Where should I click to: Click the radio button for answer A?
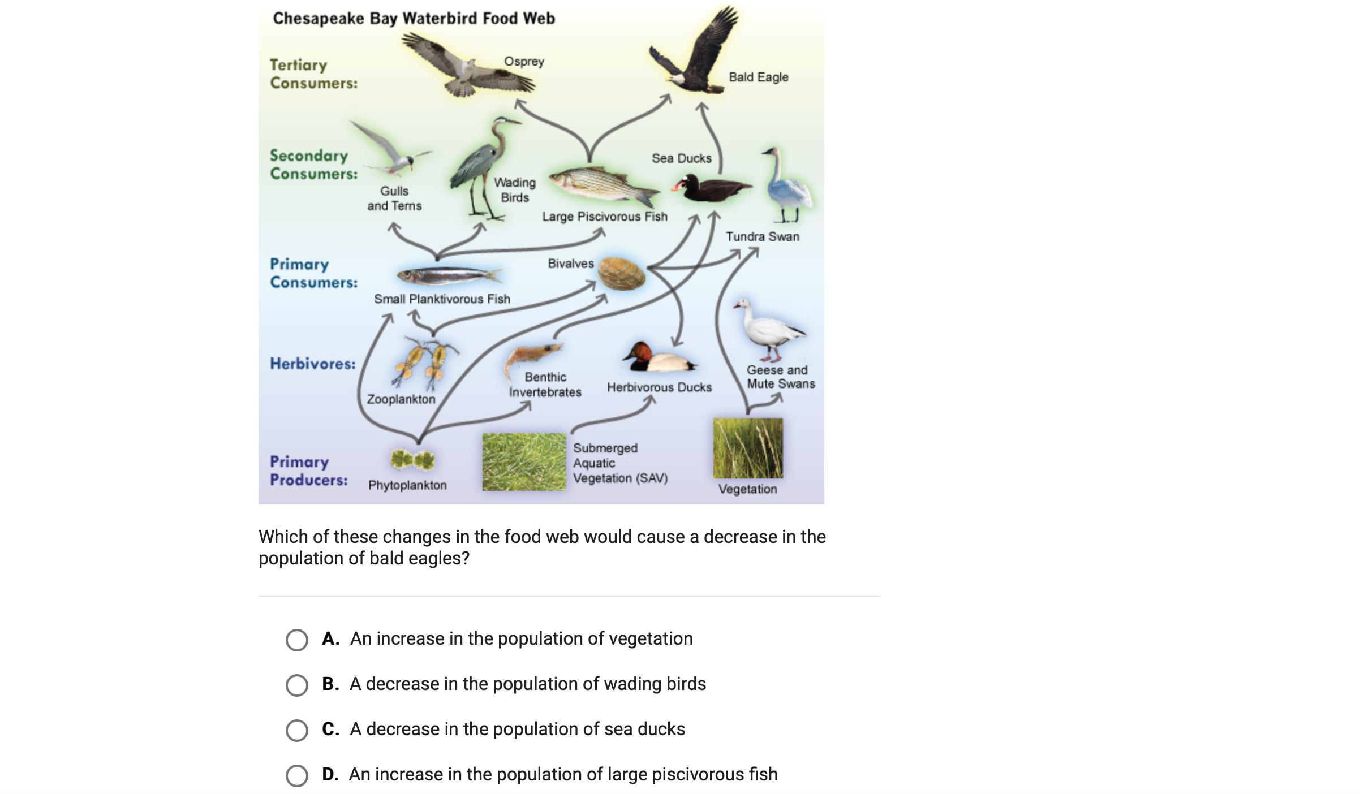tap(297, 640)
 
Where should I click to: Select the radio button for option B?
tap(297, 685)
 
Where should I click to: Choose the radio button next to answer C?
tap(297, 730)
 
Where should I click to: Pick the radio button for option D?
tap(297, 775)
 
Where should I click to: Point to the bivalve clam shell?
tap(621, 273)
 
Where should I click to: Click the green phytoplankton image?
tap(412, 459)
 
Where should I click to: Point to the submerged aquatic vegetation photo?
tap(524, 461)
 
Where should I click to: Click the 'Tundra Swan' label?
tap(763, 236)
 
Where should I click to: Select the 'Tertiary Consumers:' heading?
tap(313, 74)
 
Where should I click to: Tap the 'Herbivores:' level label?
tap(312, 364)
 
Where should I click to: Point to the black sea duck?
tap(710, 188)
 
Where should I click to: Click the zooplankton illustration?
tap(425, 362)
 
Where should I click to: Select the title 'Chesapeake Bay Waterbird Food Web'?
tap(414, 18)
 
